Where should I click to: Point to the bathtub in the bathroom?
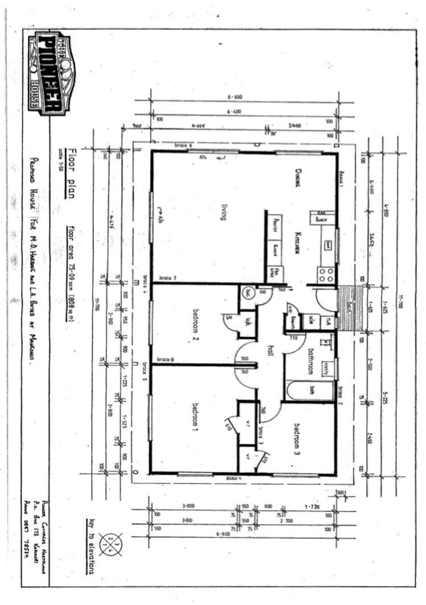pos(310,390)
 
